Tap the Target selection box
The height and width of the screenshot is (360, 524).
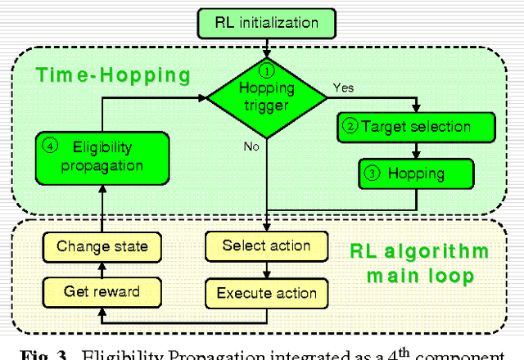point(416,127)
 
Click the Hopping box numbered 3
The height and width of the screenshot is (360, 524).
point(417,173)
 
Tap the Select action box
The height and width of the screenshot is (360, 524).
point(266,245)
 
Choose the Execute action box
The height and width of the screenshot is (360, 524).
point(266,292)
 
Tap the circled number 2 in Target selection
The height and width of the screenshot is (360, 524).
point(350,127)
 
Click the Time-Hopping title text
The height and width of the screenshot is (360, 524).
point(113,76)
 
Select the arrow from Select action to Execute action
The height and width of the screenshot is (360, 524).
point(266,268)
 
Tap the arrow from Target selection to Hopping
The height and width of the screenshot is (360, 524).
point(417,150)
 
